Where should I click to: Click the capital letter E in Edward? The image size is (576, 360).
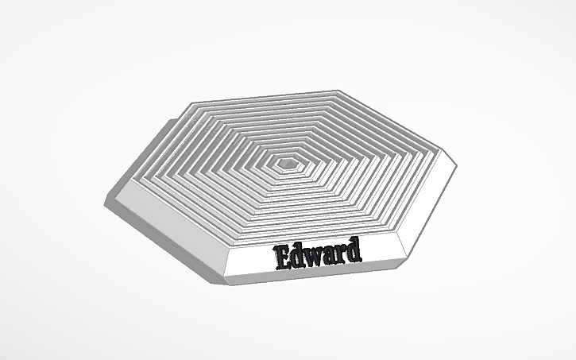coord(282,257)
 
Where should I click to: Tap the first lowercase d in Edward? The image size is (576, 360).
coord(298,255)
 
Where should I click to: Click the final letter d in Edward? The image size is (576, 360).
coord(352,249)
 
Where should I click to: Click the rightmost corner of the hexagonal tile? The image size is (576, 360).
coord(458,166)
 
